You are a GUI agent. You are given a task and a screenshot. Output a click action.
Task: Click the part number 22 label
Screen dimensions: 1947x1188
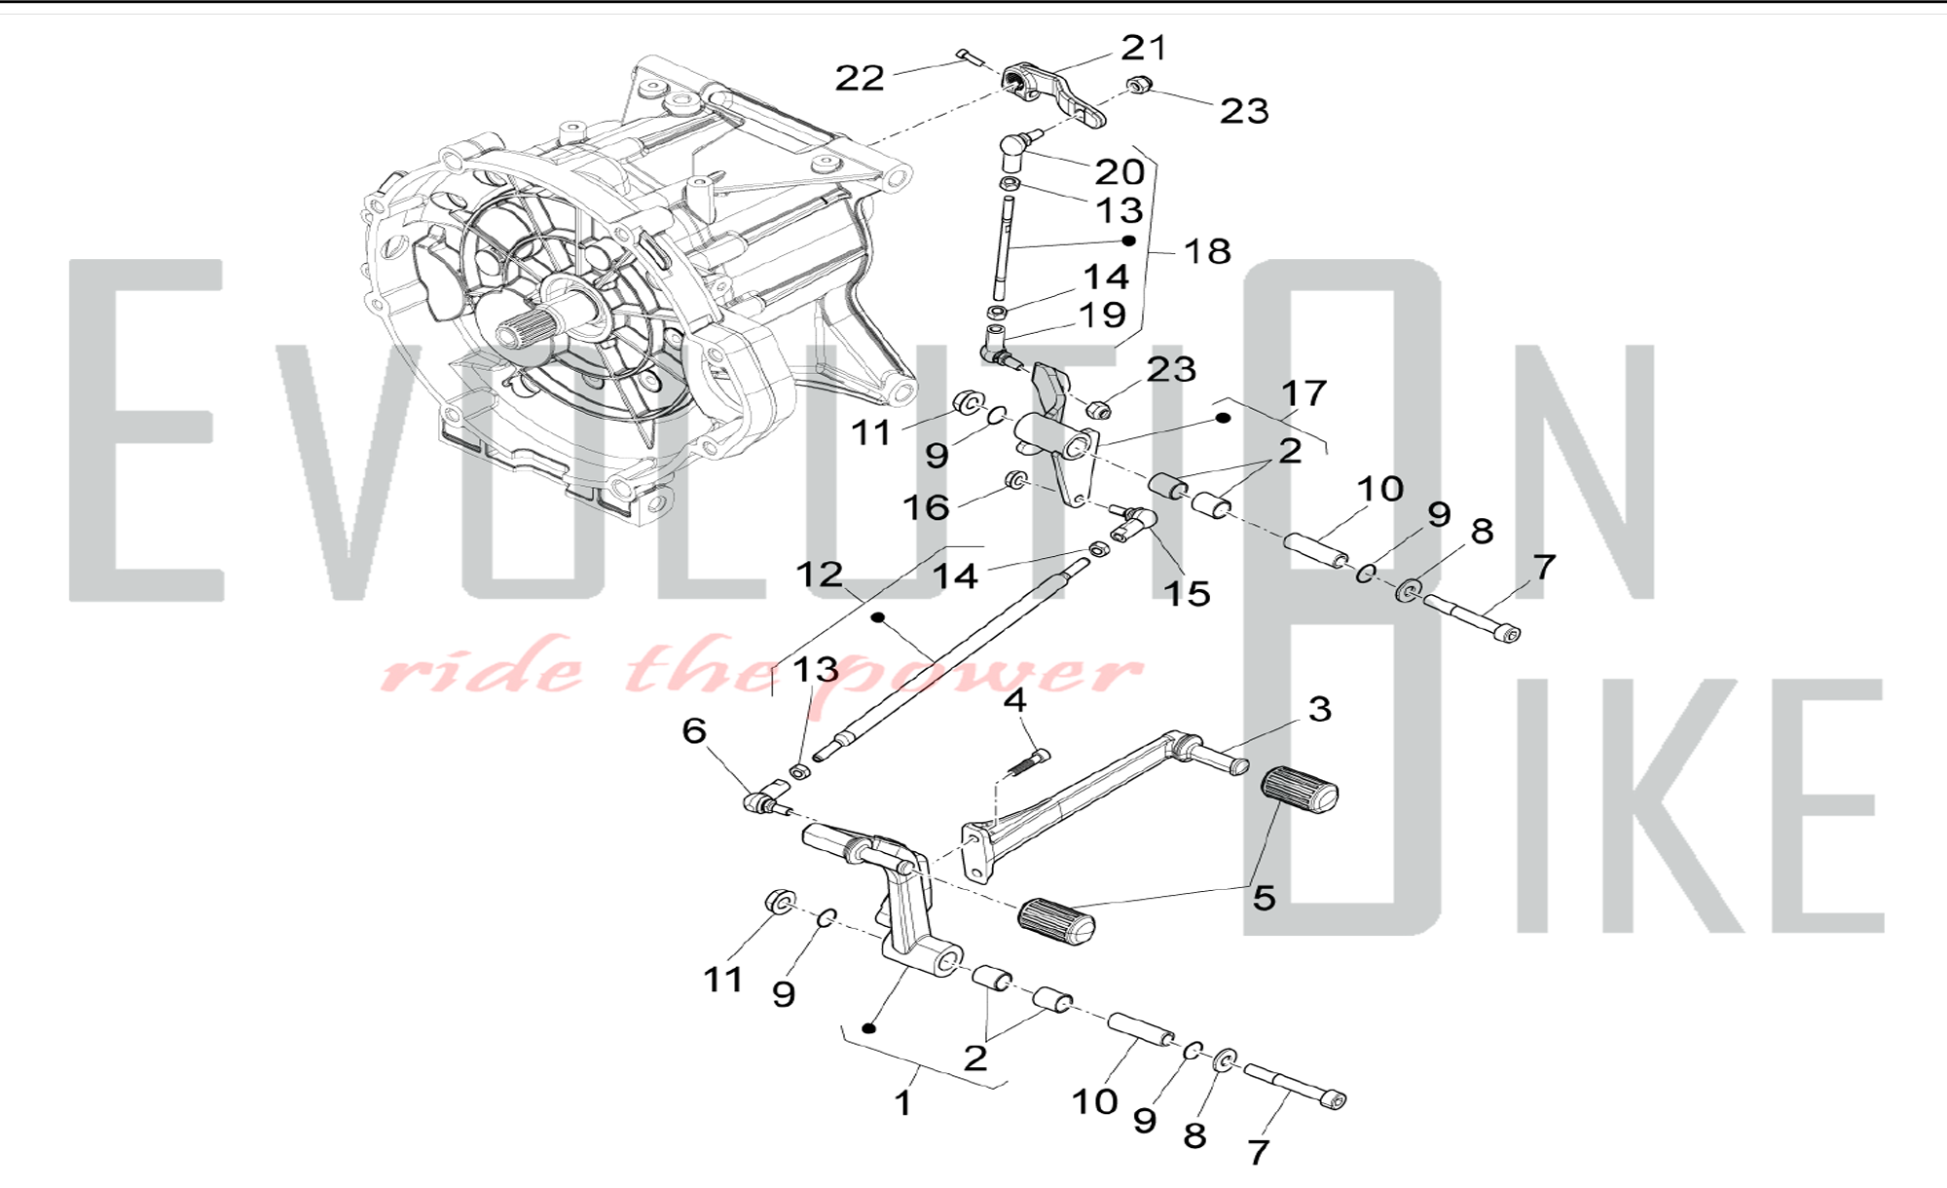click(x=861, y=78)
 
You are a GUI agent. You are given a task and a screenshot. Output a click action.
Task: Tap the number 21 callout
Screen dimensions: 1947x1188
click(x=1144, y=47)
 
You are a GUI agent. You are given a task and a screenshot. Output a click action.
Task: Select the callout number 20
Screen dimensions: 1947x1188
click(x=1120, y=171)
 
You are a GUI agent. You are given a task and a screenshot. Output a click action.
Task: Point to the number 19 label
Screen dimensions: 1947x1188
click(x=1102, y=315)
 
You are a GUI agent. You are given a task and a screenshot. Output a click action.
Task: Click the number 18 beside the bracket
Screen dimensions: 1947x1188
click(x=1207, y=251)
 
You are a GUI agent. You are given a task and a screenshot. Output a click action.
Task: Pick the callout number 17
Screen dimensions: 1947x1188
click(x=1304, y=393)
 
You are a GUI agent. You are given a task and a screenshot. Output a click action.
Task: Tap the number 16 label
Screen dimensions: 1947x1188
click(x=926, y=506)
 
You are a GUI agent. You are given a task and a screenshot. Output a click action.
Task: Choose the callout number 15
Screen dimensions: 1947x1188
click(x=1187, y=593)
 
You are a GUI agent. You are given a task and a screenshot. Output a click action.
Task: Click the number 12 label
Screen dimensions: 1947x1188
click(x=820, y=574)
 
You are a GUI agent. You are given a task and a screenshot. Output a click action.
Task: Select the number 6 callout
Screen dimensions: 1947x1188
click(x=694, y=730)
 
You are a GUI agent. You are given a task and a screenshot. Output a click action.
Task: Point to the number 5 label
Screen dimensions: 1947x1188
click(x=1264, y=897)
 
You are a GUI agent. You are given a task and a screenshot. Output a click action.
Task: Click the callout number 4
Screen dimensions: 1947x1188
click(x=1015, y=699)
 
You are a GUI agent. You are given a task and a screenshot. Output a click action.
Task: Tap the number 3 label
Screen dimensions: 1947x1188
click(x=1320, y=709)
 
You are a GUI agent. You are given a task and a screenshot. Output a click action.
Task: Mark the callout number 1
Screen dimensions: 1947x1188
click(x=904, y=1103)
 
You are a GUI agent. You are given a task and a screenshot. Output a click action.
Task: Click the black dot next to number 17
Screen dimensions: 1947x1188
click(x=1224, y=418)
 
